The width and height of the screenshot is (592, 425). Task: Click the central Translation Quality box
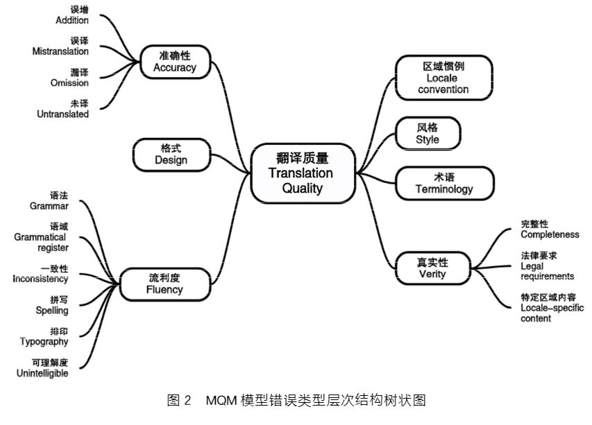coord(301,173)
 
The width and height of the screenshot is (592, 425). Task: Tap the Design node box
coord(171,155)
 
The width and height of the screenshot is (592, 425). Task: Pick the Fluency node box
coord(164,284)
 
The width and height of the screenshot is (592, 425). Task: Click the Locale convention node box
coord(443,78)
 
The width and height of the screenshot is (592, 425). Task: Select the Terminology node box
coord(444,183)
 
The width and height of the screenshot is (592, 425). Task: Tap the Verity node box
coord(432,268)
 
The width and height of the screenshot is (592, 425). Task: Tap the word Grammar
coord(49,206)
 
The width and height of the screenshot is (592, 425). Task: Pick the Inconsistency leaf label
coord(41,279)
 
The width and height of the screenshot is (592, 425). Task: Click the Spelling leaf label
coord(52,311)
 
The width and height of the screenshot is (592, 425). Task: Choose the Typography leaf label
coord(44,342)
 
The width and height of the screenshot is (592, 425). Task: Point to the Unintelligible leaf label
coord(43,374)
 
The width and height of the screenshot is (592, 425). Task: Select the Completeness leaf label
coord(550,234)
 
